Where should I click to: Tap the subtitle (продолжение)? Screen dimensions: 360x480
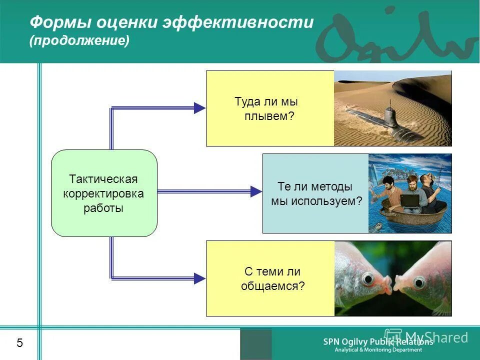point(79,40)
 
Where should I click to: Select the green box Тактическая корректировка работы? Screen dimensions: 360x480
point(104,193)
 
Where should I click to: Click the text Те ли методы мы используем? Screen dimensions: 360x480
point(315,194)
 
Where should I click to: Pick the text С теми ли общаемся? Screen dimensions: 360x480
point(272,279)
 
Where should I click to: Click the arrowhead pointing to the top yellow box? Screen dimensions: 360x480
point(199,107)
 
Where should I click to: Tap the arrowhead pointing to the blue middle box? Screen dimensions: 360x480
point(255,191)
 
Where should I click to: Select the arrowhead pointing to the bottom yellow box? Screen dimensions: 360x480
point(199,278)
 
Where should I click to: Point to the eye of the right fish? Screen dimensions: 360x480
point(418,283)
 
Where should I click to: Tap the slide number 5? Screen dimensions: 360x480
point(19,343)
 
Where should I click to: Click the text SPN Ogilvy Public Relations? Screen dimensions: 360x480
point(377,342)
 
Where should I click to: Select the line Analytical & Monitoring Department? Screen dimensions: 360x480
point(378,350)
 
